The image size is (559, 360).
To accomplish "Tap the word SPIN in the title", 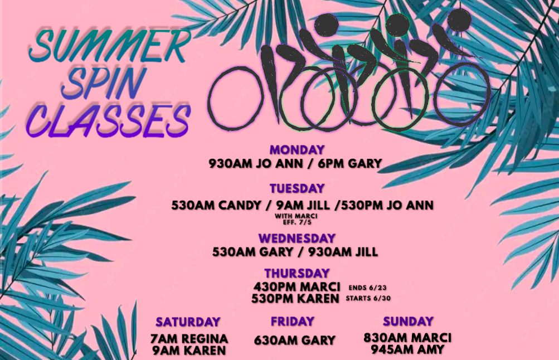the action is pyautogui.click(x=104, y=83).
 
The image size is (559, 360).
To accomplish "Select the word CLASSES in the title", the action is pyautogui.click(x=108, y=121).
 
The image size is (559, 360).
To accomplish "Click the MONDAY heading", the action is pyautogui.click(x=297, y=150).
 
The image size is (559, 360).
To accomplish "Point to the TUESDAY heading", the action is pyautogui.click(x=297, y=188).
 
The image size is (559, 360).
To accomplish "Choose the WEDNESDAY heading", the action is pyautogui.click(x=297, y=238).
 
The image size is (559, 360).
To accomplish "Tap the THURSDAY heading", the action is pyautogui.click(x=297, y=273).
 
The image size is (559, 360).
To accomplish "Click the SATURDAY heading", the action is pyautogui.click(x=188, y=322).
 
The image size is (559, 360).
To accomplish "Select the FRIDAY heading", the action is pyautogui.click(x=293, y=322).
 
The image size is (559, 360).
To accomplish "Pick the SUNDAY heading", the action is pyautogui.click(x=408, y=322).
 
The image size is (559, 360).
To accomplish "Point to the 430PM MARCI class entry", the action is pyautogui.click(x=297, y=286).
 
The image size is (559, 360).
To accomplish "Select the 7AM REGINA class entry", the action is pyautogui.click(x=189, y=339).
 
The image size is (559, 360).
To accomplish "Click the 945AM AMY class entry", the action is pyautogui.click(x=408, y=349).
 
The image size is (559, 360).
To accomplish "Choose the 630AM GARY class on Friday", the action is pyautogui.click(x=295, y=340).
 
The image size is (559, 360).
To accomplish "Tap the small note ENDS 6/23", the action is pyautogui.click(x=367, y=288).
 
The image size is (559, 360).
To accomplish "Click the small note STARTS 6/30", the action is pyautogui.click(x=368, y=298).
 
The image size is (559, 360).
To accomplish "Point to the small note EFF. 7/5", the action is pyautogui.click(x=297, y=222).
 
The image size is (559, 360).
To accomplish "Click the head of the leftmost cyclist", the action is pyautogui.click(x=326, y=25).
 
